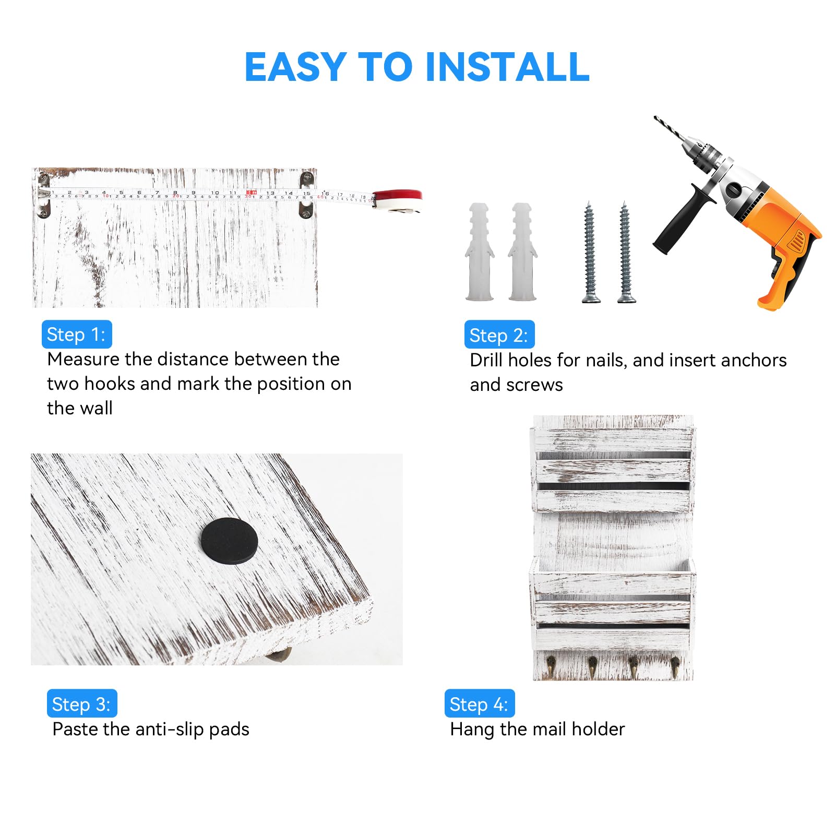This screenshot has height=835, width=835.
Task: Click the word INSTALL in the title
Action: (507, 67)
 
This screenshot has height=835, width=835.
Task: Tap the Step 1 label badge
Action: (77, 334)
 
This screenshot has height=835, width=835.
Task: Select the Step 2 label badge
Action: (499, 335)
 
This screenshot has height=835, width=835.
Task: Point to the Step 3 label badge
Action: (82, 703)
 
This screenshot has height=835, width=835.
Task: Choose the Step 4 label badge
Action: (480, 703)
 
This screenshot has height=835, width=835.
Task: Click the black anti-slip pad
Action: (229, 541)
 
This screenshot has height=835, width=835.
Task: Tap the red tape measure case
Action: (398, 201)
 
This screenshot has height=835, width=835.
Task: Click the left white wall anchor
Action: (480, 252)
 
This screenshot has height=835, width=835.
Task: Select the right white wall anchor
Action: (522, 252)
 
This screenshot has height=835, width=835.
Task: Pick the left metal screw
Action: (590, 252)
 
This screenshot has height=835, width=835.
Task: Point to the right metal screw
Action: (625, 252)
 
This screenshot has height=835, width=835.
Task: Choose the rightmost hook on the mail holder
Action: (674, 668)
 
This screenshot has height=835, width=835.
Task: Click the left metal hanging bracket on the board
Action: (43, 196)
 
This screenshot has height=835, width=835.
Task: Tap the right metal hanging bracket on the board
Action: (306, 196)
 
